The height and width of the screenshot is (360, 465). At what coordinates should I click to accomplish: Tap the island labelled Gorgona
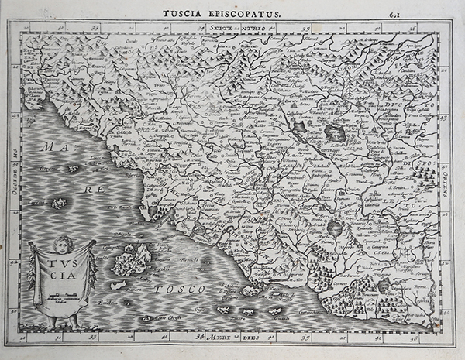[x=73, y=168]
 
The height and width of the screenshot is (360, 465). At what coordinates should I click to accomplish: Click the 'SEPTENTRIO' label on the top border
[x=237, y=28]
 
